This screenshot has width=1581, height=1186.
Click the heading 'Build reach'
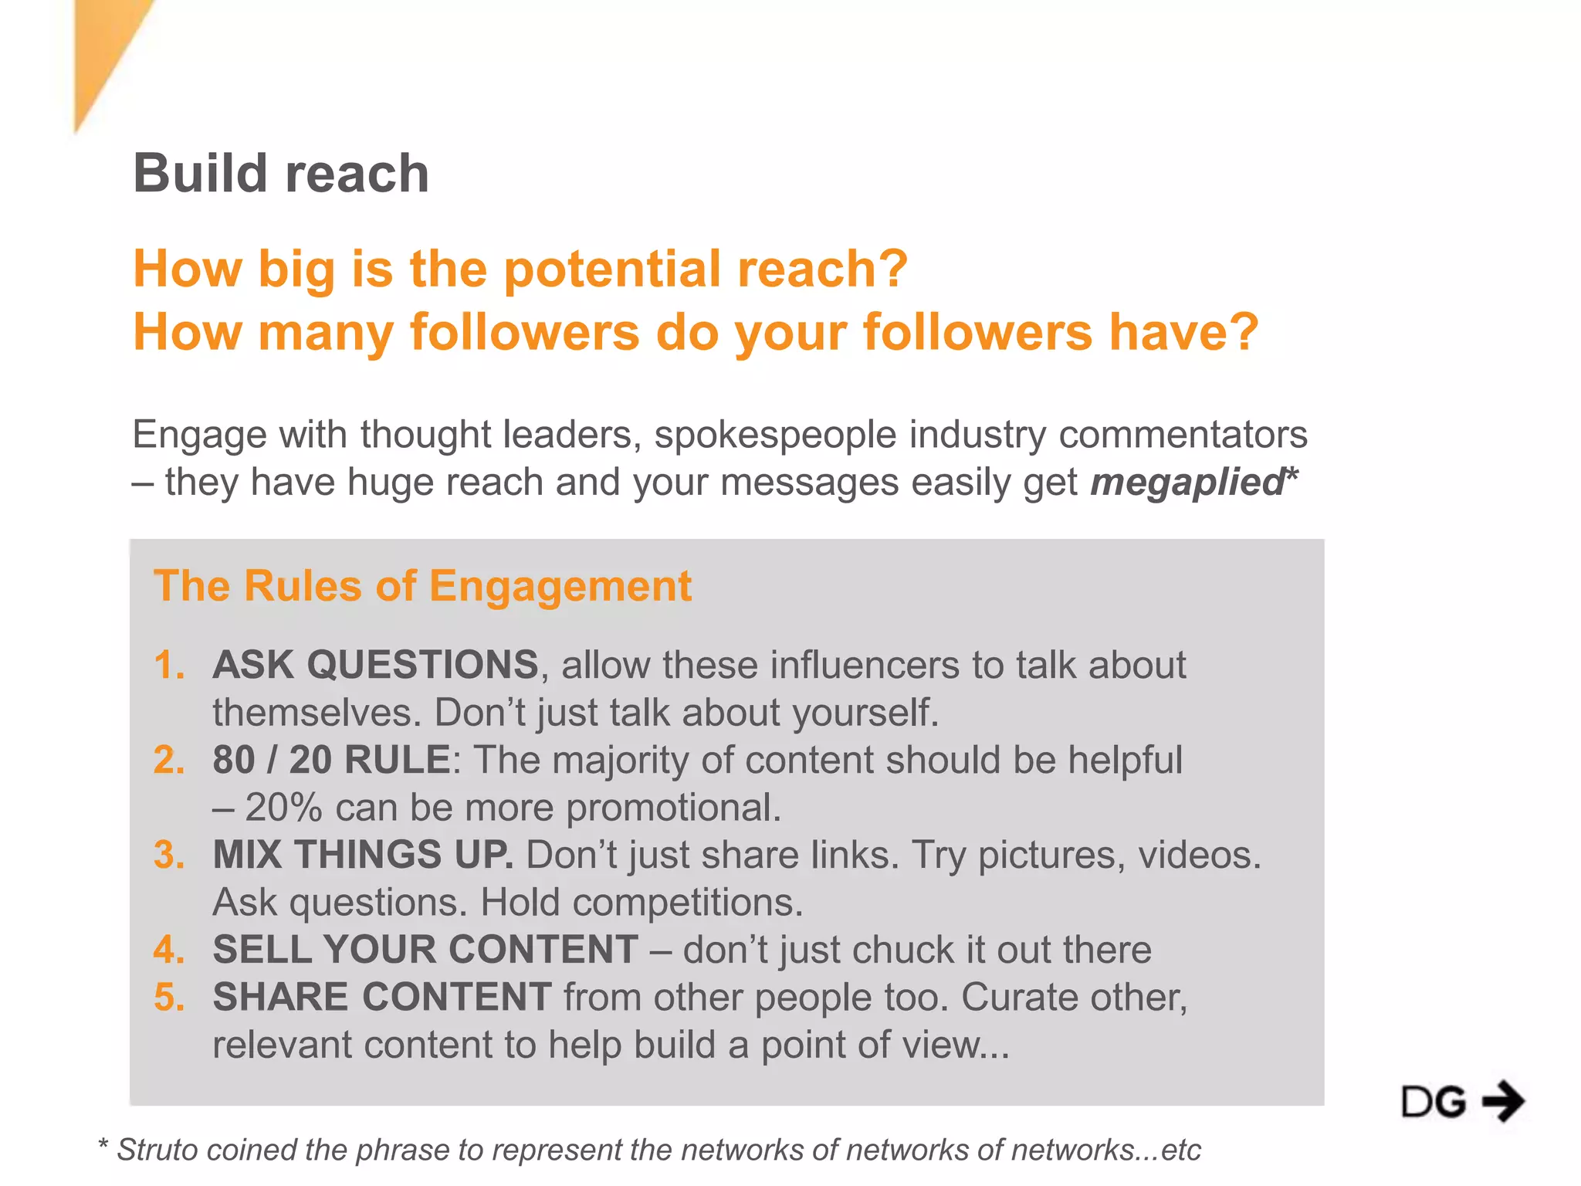click(x=280, y=173)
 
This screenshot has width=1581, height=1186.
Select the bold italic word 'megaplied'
click(x=1187, y=483)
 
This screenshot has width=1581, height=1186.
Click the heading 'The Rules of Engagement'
click(x=422, y=585)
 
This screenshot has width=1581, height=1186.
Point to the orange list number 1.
click(x=169, y=665)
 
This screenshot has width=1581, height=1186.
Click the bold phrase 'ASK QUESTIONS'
click(x=375, y=665)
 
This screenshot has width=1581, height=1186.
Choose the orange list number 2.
click(x=169, y=760)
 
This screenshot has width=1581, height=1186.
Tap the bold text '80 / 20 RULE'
click(x=332, y=760)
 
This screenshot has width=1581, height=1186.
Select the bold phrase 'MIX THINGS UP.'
click(x=363, y=855)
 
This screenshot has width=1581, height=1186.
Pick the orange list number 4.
click(x=169, y=950)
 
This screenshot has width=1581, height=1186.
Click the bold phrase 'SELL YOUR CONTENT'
click(x=425, y=950)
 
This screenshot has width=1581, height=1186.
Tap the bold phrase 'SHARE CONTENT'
click(x=382, y=997)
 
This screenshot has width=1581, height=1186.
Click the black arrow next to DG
click(x=1503, y=1101)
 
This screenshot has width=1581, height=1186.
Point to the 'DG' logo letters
click(x=1434, y=1102)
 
